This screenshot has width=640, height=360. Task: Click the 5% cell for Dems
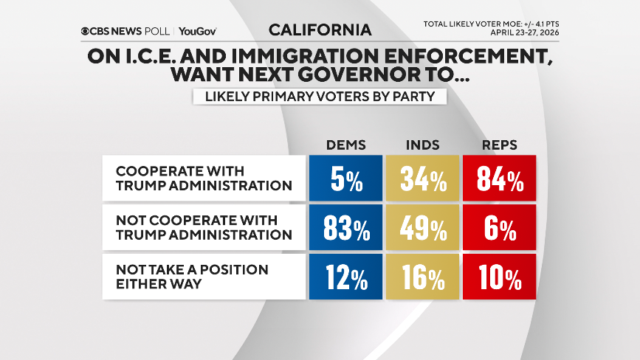pyautogui.click(x=345, y=178)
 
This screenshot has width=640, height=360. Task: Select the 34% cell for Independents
pyautogui.click(x=422, y=178)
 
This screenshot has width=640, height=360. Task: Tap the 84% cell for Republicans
pyautogui.click(x=499, y=178)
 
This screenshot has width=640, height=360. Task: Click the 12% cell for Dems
pyautogui.click(x=345, y=277)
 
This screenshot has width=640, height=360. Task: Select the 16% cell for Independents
pyautogui.click(x=422, y=277)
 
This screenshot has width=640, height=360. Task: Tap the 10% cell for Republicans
pyautogui.click(x=499, y=277)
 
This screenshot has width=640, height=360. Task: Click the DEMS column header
pyautogui.click(x=345, y=145)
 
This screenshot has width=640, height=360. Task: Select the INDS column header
pyautogui.click(x=422, y=145)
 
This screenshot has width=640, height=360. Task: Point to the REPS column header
pyautogui.click(x=499, y=145)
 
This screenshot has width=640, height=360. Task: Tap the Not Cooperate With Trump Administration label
pyautogui.click(x=203, y=227)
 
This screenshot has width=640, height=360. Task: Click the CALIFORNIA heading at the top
pyautogui.click(x=320, y=30)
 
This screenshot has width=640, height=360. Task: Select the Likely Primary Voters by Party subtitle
pyautogui.click(x=320, y=97)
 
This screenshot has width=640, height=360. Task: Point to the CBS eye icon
pyautogui.click(x=86, y=31)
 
